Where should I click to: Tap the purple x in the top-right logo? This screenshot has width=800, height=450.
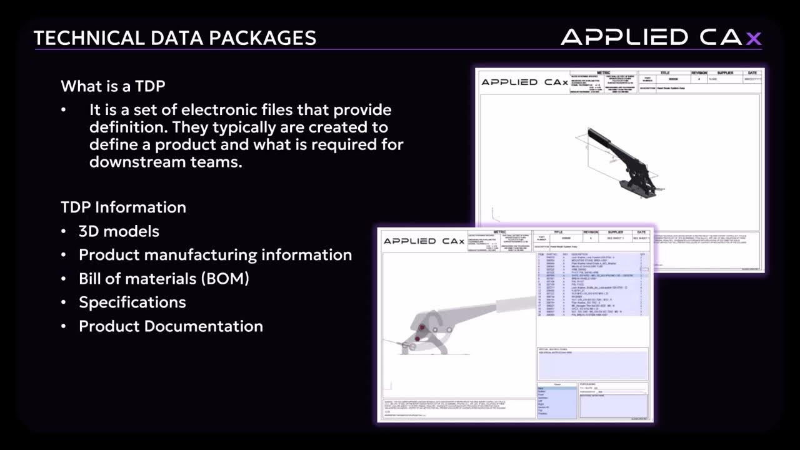click(x=754, y=38)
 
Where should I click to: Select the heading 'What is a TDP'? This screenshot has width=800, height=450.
click(x=113, y=86)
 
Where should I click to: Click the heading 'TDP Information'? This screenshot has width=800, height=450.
click(x=123, y=207)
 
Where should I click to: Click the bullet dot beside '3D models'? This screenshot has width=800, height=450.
click(x=64, y=231)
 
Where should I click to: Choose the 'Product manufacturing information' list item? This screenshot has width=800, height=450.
click(x=215, y=255)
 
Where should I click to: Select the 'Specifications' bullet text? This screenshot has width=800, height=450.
click(x=132, y=302)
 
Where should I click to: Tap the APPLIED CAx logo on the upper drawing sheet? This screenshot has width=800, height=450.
click(x=524, y=82)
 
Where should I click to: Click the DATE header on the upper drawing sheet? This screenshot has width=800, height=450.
click(x=752, y=72)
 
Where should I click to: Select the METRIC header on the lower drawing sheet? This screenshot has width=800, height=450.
click(x=500, y=232)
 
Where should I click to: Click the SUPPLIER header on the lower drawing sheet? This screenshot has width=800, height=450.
click(x=611, y=232)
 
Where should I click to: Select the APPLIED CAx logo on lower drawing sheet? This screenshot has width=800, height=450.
click(x=424, y=241)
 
